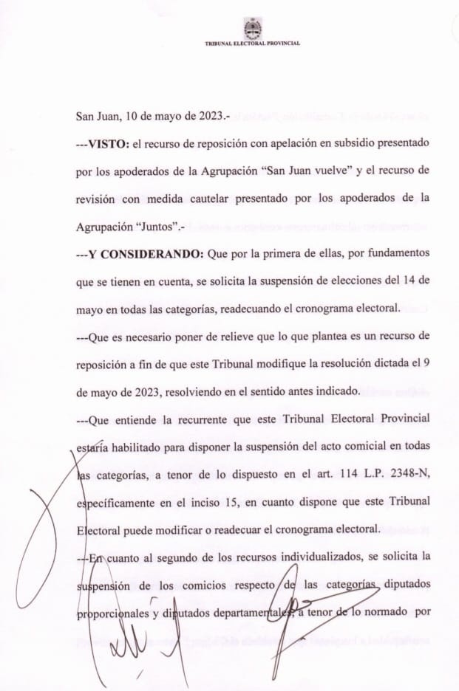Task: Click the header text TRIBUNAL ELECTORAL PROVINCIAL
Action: pyautogui.click(x=253, y=44)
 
